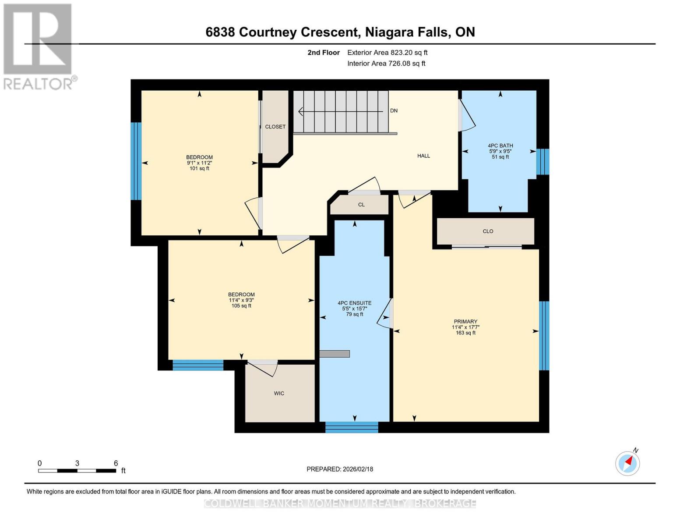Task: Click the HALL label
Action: [x=423, y=156]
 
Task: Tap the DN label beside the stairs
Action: [x=394, y=110]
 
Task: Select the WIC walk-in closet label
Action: [x=279, y=393]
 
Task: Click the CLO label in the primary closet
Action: [x=488, y=231]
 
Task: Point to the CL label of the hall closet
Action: [x=361, y=205]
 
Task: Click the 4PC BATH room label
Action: [x=500, y=146]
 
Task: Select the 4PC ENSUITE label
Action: [x=354, y=303]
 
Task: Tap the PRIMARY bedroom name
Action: [x=465, y=321]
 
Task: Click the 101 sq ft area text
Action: [x=199, y=168]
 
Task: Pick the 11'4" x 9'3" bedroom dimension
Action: [x=241, y=300]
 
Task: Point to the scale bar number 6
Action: [x=116, y=463]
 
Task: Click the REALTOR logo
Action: [x=39, y=46]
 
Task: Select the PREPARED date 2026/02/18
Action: [x=340, y=469]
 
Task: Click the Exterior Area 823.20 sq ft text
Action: [x=387, y=53]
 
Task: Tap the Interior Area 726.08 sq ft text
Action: [x=386, y=64]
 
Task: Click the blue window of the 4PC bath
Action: [x=543, y=162]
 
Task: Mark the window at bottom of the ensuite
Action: [x=352, y=427]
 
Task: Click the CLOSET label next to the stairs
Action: [x=275, y=127]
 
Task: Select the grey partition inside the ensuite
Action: [x=335, y=354]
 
